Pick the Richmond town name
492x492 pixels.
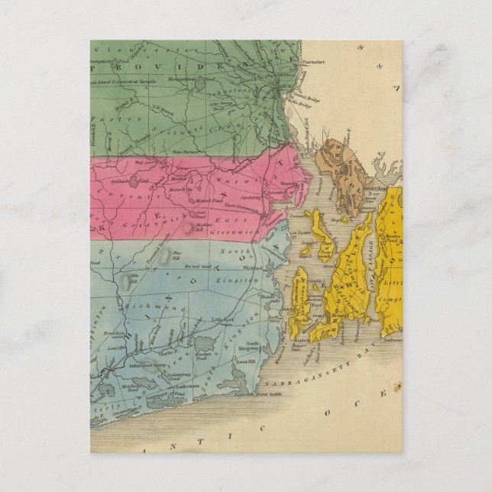(158, 308)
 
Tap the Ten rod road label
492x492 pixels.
(199, 266)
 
